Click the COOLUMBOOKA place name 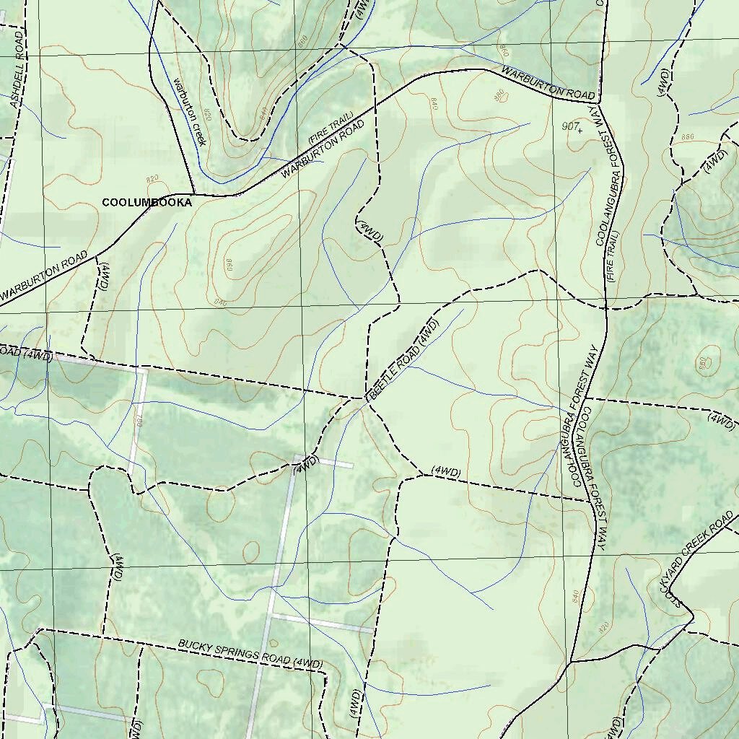pos(147,203)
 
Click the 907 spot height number pos(570,127)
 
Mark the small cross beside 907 pos(580,131)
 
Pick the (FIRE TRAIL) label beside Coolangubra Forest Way pos(613,256)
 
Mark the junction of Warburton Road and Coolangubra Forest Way pos(598,101)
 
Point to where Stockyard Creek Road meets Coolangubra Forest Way pos(572,661)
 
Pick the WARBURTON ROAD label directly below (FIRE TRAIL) pos(323,149)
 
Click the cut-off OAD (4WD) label pos(26,354)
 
